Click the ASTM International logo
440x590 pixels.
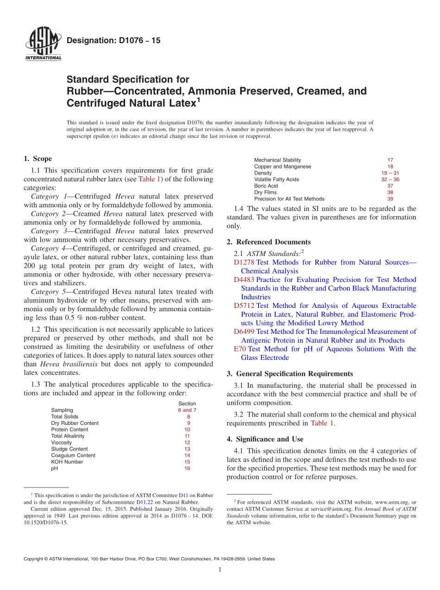(x=43, y=45)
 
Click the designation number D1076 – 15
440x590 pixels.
(x=113, y=41)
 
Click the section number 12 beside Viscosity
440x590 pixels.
(x=187, y=442)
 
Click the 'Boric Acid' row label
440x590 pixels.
(x=266, y=186)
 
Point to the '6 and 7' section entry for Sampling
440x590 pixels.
(x=187, y=410)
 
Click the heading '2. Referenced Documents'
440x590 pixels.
(x=269, y=242)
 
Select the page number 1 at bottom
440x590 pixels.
(x=220, y=570)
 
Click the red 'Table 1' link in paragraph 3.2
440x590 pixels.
(x=322, y=423)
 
